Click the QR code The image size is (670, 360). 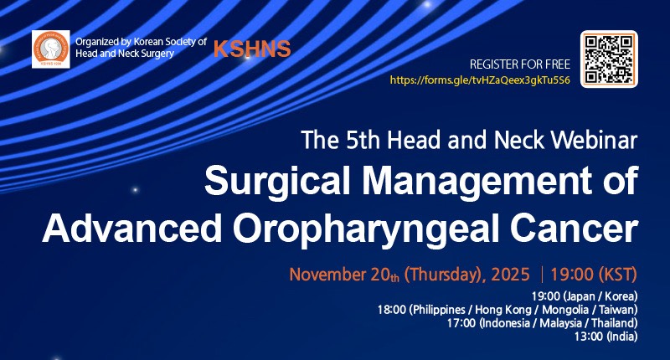point(609,59)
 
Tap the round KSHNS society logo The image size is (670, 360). point(51,49)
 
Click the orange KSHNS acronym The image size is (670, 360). point(252,49)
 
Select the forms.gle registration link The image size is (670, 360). point(480,80)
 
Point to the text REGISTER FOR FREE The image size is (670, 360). point(520,64)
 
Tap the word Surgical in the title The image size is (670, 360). point(278,181)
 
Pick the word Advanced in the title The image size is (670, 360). point(132,229)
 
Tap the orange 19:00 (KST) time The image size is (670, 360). point(594,274)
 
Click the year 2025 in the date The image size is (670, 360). point(510,274)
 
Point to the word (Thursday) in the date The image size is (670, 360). point(445,274)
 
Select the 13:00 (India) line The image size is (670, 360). point(606,337)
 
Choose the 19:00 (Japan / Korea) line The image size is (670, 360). point(585,296)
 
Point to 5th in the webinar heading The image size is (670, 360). point(363,140)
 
